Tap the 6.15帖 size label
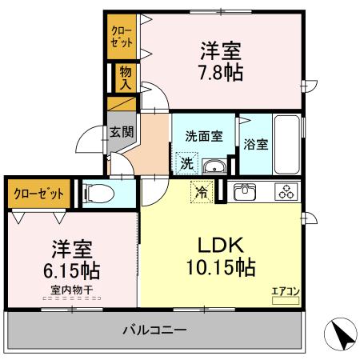pos(73,270)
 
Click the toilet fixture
pos(96,194)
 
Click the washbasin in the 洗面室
pos(213,166)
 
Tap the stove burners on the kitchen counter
pos(286,192)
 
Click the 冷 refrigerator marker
pos(202,192)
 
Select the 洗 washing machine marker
pos(186,163)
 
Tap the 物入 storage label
pos(126,78)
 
